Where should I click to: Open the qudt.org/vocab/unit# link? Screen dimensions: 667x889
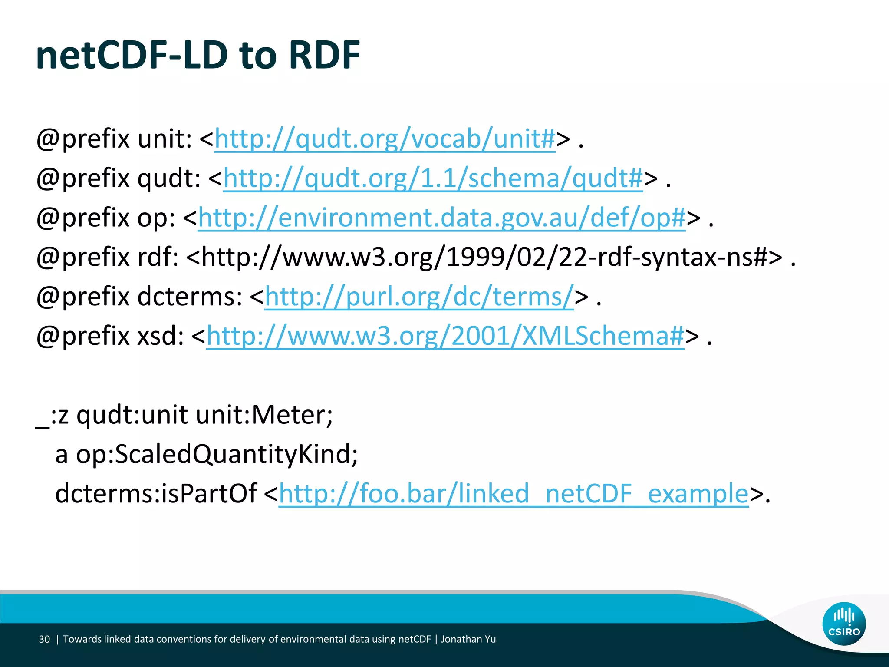[385, 139]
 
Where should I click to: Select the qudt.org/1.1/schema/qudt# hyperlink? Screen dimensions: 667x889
[433, 178]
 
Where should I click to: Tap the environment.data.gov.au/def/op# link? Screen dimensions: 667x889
[441, 218]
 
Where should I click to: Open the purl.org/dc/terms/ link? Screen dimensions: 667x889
[419, 297]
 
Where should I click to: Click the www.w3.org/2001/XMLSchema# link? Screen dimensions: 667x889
[445, 336]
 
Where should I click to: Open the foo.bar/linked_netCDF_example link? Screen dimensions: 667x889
[514, 494]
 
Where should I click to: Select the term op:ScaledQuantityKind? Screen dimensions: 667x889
[217, 454]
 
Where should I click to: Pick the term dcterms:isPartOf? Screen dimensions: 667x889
[156, 494]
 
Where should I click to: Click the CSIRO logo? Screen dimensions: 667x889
[843, 624]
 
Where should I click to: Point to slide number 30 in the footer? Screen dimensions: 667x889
[44, 639]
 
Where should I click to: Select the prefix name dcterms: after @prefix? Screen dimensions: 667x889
[190, 297]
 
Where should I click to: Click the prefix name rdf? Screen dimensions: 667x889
[158, 257]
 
